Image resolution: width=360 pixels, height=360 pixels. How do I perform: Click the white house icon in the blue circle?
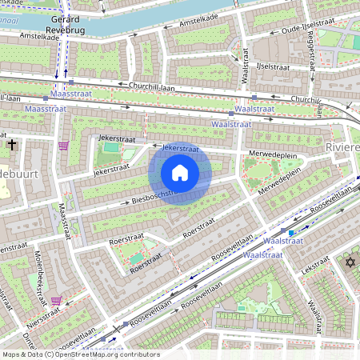180,173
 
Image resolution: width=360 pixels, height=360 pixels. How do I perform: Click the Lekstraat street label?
316,266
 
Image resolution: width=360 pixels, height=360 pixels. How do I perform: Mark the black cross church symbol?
11,145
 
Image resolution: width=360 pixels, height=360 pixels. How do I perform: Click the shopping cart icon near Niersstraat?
56,301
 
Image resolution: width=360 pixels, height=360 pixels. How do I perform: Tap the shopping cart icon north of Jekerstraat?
63,146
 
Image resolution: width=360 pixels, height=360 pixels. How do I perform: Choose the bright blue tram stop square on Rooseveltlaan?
291,233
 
